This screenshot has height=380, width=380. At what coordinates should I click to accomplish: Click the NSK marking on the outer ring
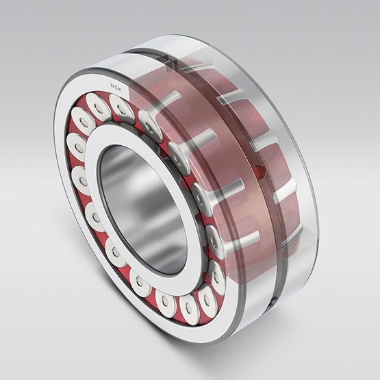click(x=116, y=87)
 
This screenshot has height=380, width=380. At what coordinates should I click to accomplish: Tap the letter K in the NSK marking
click(x=120, y=90)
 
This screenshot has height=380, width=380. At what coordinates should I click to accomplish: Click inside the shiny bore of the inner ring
click(x=143, y=208)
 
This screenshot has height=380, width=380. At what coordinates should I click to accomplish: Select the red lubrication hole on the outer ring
click(x=260, y=171)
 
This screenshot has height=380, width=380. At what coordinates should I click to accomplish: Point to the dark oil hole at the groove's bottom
click(x=274, y=301)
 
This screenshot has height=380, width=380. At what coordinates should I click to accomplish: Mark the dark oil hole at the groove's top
click(x=167, y=59)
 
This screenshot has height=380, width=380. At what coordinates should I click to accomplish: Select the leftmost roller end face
click(x=77, y=147)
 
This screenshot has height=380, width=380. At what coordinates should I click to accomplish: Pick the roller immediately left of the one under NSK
click(x=98, y=107)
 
